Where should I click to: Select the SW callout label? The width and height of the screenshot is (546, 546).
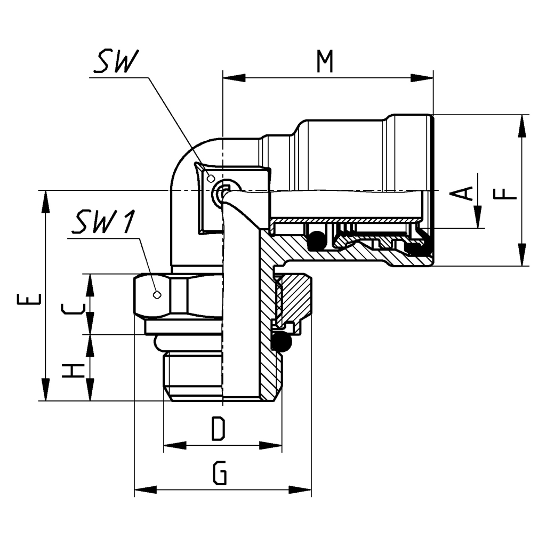click(x=114, y=63)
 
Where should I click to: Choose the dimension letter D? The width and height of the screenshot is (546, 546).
click(x=216, y=429)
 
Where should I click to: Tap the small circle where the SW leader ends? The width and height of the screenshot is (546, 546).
click(x=211, y=178)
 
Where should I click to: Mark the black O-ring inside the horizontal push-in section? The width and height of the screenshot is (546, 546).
click(x=317, y=240)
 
